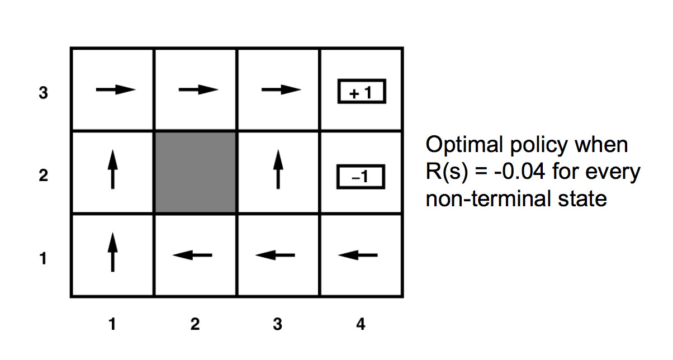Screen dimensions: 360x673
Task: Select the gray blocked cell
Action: (195, 172)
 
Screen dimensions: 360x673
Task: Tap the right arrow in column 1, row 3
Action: (116, 89)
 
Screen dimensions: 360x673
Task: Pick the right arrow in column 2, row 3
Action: (198, 89)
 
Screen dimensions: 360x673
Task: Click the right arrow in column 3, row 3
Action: (281, 89)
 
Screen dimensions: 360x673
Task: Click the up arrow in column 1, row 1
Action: (113, 253)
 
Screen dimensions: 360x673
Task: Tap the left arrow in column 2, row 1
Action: (193, 255)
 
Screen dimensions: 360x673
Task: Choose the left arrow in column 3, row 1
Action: (275, 255)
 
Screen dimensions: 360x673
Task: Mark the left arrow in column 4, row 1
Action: (358, 255)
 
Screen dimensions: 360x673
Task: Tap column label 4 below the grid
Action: (361, 324)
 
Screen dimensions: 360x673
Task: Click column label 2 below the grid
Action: (195, 324)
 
